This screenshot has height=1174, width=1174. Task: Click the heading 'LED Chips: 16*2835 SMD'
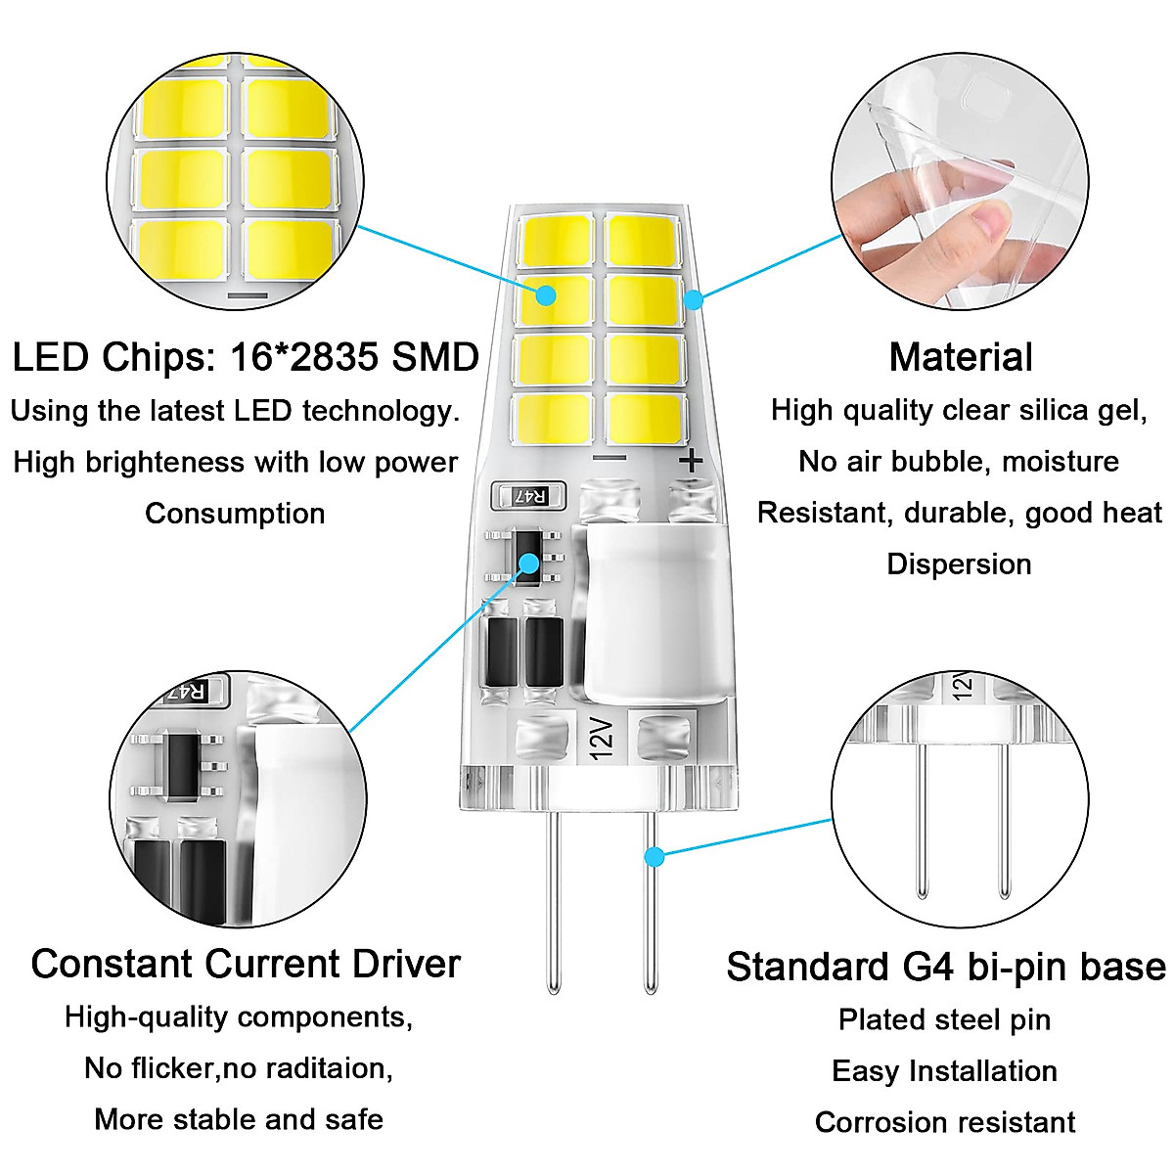(x=245, y=358)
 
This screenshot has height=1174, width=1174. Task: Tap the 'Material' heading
(x=961, y=358)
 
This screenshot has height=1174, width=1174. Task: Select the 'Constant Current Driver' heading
(x=245, y=965)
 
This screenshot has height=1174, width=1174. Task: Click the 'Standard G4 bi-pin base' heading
(x=945, y=967)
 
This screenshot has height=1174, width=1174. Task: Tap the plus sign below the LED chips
(x=691, y=461)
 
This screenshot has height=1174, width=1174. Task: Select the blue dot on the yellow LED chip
(x=546, y=294)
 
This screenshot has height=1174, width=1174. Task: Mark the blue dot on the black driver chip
(x=529, y=563)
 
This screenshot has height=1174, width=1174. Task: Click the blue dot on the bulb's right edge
(x=693, y=298)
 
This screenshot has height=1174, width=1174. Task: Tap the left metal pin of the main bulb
(x=554, y=900)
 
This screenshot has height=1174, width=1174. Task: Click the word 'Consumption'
(x=235, y=514)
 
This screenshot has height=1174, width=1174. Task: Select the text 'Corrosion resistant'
(x=945, y=1122)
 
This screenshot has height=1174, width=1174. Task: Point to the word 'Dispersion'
(x=959, y=564)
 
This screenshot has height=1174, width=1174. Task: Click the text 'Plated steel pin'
(x=945, y=1020)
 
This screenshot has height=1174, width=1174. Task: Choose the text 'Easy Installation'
(x=945, y=1071)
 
